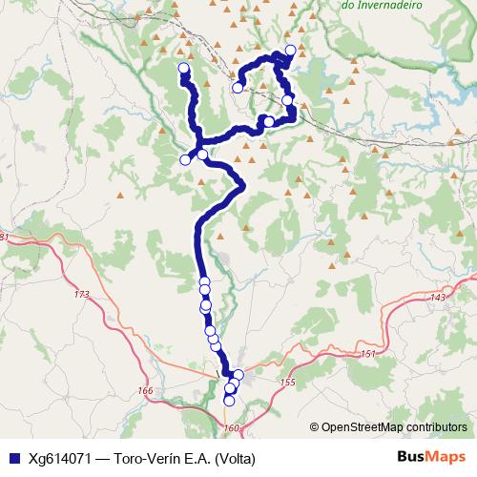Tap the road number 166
point(145,390)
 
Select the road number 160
point(232,427)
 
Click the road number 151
point(369,354)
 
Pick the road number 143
point(438,299)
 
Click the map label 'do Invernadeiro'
point(382,5)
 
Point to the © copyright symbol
point(314,427)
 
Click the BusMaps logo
point(431,457)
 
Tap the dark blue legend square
point(14,458)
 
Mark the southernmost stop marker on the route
point(229,401)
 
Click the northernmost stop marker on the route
point(290,50)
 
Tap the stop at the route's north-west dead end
point(184,68)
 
